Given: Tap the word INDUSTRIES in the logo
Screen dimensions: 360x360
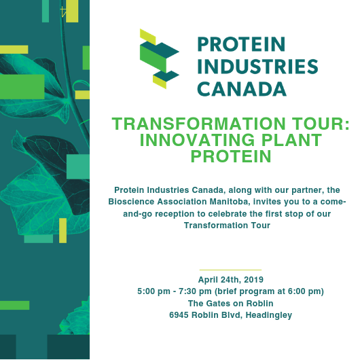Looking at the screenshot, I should (x=257, y=67).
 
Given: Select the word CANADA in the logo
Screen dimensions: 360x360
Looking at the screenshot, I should (x=242, y=89).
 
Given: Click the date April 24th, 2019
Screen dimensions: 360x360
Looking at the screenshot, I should (x=230, y=279).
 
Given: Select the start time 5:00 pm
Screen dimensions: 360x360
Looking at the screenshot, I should (x=152, y=291).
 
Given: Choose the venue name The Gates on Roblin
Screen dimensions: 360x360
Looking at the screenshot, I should (x=230, y=303).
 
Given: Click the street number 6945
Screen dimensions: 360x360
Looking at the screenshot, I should (x=180, y=314).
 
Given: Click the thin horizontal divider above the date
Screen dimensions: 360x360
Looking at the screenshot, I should (x=230, y=270).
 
